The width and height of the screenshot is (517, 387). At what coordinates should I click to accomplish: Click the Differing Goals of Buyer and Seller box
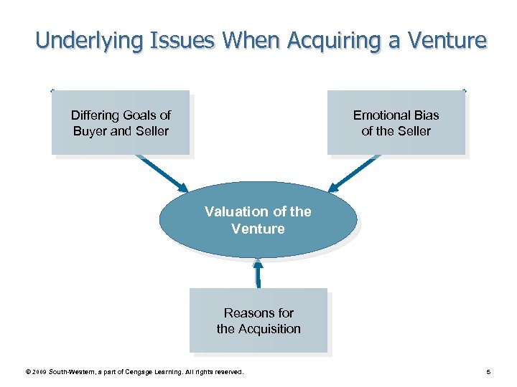click(121, 123)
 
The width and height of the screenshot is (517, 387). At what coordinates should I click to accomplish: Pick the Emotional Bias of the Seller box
click(396, 123)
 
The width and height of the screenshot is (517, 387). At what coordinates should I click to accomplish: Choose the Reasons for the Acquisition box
click(258, 320)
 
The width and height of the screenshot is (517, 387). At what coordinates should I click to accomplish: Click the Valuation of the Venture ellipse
click(258, 220)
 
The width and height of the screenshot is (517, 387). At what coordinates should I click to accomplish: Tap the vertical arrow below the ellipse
click(258, 273)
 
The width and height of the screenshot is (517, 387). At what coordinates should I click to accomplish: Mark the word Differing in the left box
click(96, 115)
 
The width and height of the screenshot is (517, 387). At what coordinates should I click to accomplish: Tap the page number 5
click(488, 372)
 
